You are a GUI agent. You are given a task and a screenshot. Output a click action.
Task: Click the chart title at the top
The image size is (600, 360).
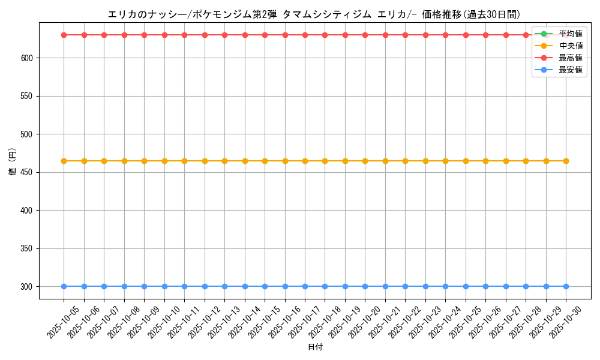click(x=314, y=14)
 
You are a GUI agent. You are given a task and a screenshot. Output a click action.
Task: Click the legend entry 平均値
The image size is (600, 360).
click(x=570, y=34)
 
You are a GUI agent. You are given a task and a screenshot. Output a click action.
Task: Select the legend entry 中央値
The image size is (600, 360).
click(x=570, y=46)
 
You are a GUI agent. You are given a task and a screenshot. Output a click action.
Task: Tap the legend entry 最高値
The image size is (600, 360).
click(x=570, y=58)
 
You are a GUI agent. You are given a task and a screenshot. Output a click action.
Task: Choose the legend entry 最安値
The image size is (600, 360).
click(x=570, y=70)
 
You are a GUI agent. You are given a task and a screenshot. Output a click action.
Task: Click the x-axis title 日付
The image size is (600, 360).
click(x=315, y=347)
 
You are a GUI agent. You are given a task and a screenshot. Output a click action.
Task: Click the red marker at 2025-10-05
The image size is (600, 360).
click(x=64, y=35)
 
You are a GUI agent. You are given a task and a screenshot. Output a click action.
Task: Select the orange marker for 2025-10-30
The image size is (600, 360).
click(x=566, y=161)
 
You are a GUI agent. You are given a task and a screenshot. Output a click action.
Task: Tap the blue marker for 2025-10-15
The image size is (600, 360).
click(x=265, y=286)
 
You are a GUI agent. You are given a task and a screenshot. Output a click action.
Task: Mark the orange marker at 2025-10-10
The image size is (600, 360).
click(x=164, y=161)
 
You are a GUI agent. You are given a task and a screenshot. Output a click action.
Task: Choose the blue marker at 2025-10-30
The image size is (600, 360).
click(x=566, y=286)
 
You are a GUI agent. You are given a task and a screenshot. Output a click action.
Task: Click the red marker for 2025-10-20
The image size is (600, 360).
click(x=365, y=35)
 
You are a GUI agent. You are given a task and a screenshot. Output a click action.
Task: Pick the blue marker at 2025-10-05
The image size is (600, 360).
click(x=64, y=286)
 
